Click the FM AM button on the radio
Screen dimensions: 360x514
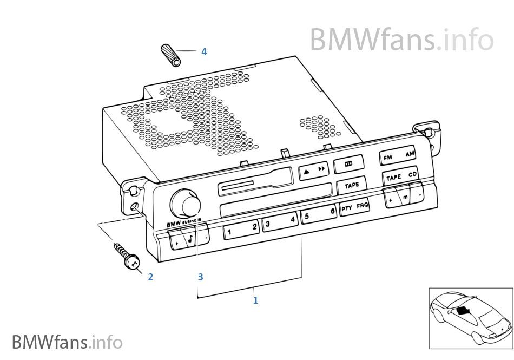(398, 156)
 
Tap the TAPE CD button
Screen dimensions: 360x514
(401, 176)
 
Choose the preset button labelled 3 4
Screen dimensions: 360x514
(280, 221)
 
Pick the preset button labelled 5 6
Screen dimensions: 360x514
(318, 214)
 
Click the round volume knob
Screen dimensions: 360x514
(187, 205)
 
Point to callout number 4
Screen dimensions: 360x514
(204, 52)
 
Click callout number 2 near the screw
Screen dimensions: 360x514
(150, 277)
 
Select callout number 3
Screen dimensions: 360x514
(200, 277)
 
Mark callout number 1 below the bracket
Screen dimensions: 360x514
(256, 300)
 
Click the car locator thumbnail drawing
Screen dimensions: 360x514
(470, 318)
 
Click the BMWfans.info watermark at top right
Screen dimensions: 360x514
(401, 39)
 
